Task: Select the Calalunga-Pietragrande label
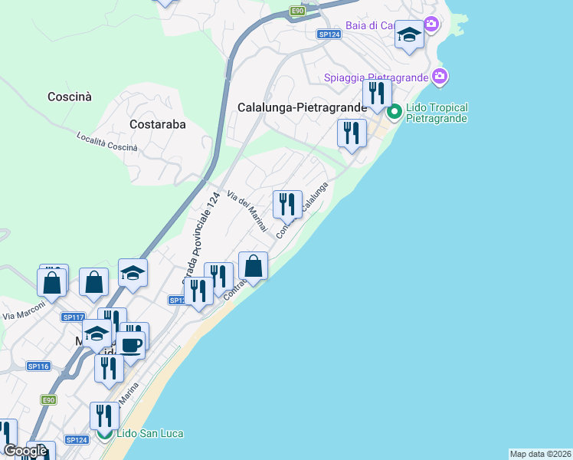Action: click(x=303, y=108)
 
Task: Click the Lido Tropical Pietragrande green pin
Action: click(x=395, y=113)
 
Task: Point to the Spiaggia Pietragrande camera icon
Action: click(x=440, y=77)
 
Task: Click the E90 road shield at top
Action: click(x=298, y=11)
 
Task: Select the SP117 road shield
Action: click(x=74, y=317)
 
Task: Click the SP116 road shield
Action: click(x=38, y=366)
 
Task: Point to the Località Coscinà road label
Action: click(x=107, y=142)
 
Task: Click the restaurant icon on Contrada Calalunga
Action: click(x=287, y=204)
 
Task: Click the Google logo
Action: click(x=25, y=451)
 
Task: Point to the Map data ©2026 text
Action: click(x=540, y=454)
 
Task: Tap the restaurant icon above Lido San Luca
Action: click(x=104, y=416)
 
